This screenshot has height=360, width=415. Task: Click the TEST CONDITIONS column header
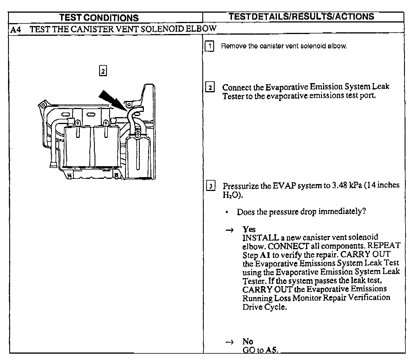(99, 18)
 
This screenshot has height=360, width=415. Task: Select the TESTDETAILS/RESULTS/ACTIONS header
(301, 16)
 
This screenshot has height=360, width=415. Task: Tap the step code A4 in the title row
(16, 29)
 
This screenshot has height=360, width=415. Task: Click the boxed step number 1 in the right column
(210, 46)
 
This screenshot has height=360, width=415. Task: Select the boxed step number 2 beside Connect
(210, 87)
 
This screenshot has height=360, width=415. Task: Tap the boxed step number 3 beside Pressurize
(211, 186)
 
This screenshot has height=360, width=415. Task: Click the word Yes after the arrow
(249, 229)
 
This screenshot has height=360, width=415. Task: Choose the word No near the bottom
(248, 342)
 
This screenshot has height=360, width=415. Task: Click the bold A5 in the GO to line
(272, 350)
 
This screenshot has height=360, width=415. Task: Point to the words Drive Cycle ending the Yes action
(265, 307)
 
